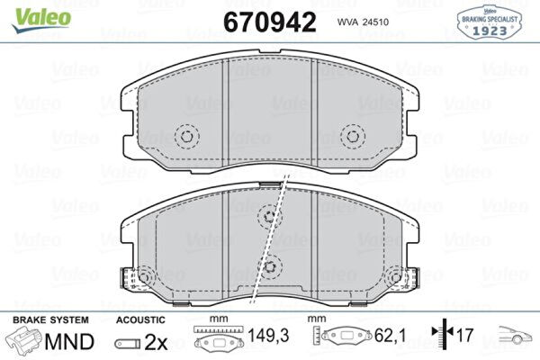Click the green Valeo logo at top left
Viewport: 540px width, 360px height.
(41, 20)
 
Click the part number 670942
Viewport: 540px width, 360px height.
(270, 22)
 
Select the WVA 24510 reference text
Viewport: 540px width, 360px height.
(363, 22)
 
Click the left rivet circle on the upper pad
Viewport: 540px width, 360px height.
(186, 137)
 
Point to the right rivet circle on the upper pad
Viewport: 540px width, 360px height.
(353, 137)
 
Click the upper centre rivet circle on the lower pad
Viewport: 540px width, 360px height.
(270, 217)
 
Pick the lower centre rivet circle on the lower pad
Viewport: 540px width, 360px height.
(270, 266)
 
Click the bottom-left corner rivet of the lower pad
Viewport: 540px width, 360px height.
(145, 277)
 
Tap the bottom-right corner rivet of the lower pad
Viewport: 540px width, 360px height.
(396, 277)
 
